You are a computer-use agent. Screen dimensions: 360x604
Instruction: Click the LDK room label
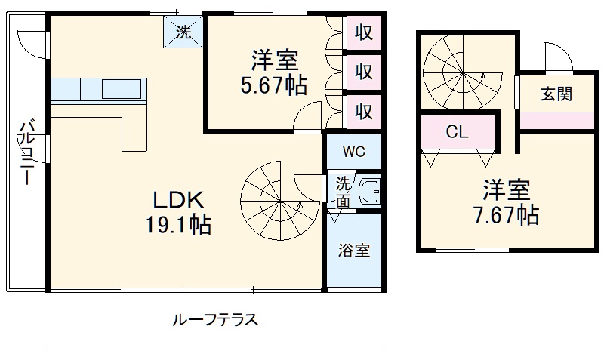pyautogui.click(x=178, y=200)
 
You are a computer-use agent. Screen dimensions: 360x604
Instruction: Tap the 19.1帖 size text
pyautogui.click(x=178, y=224)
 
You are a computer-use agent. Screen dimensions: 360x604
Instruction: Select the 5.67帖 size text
pyautogui.click(x=274, y=85)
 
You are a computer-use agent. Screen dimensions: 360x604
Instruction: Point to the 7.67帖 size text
pyautogui.click(x=506, y=215)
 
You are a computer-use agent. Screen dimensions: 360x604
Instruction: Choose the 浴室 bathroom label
pyautogui.click(x=353, y=251)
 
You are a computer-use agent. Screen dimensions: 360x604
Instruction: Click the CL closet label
pyautogui.click(x=457, y=133)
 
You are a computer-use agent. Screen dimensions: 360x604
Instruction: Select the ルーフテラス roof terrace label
pyautogui.click(x=215, y=319)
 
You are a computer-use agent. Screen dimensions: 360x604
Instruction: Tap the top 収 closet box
pyautogui.click(x=364, y=34)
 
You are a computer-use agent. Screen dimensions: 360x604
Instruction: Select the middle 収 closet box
pyautogui.click(x=364, y=72)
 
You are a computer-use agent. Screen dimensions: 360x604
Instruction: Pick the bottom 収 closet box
pyautogui.click(x=364, y=111)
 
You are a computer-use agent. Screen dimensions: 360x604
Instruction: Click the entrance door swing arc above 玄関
pyautogui.click(x=557, y=55)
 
